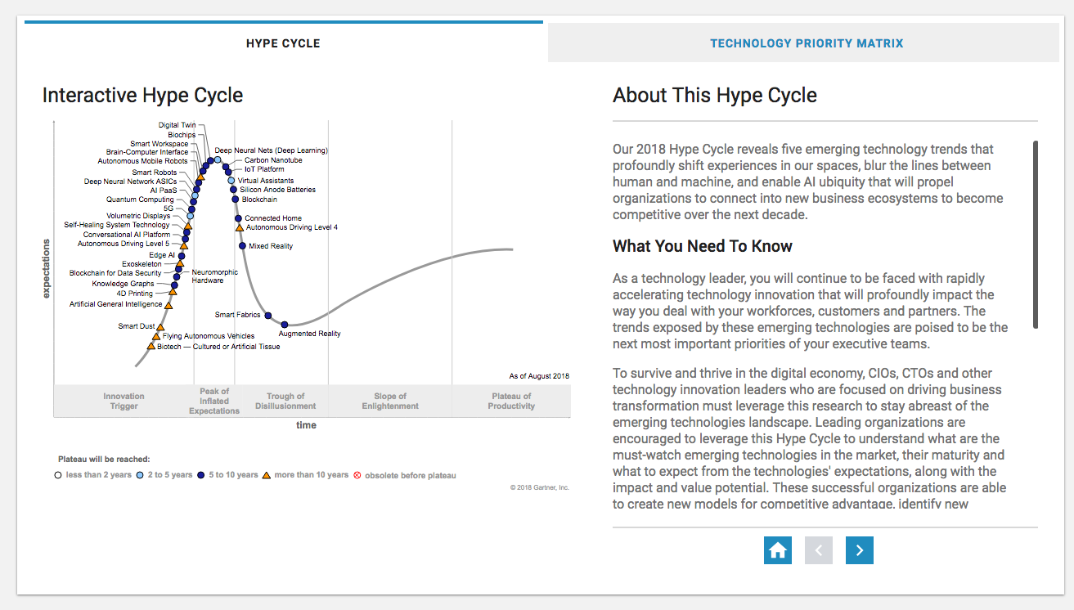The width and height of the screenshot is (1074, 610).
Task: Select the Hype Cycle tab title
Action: click(283, 43)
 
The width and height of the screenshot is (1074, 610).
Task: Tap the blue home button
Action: click(778, 550)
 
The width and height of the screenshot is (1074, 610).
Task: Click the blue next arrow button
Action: click(859, 550)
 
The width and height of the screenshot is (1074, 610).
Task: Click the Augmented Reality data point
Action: click(285, 325)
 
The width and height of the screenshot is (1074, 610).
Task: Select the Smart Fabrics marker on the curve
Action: click(268, 316)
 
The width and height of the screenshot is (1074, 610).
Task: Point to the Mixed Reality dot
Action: click(242, 246)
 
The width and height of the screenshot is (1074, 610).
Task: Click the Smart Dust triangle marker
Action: click(160, 327)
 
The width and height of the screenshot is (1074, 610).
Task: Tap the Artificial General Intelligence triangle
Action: click(169, 305)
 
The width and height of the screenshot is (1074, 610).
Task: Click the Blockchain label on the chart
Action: click(259, 200)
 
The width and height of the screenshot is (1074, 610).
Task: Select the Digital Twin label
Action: click(177, 125)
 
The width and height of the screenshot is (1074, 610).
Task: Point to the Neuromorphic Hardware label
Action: click(214, 276)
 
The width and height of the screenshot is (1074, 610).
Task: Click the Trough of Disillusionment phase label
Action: click(285, 401)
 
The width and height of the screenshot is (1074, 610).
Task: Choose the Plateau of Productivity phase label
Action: click(511, 401)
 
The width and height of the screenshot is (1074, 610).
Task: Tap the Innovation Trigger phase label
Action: click(124, 401)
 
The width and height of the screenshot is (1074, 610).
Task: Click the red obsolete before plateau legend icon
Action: click(357, 475)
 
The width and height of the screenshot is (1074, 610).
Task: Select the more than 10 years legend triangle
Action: click(267, 475)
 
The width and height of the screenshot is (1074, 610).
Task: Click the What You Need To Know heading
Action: click(703, 246)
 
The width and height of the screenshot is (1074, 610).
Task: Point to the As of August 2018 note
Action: click(539, 376)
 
